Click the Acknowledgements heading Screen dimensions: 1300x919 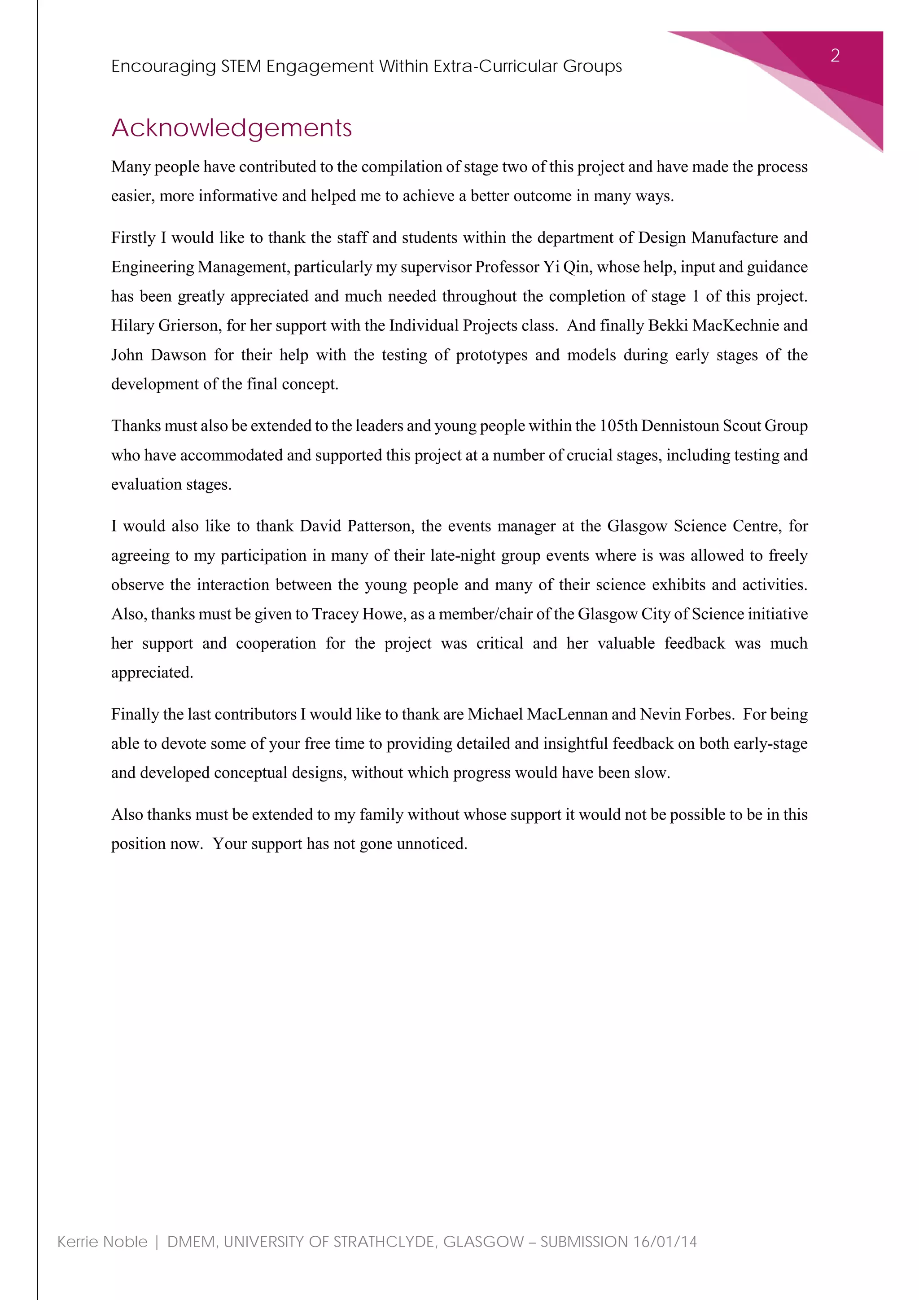[232, 128]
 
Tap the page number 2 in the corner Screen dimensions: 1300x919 [835, 56]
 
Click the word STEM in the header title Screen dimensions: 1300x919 [241, 66]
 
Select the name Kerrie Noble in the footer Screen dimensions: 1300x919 [102, 1242]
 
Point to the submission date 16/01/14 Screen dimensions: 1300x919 [665, 1242]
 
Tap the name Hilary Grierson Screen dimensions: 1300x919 [165, 325]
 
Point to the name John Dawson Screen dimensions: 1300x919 [158, 355]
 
